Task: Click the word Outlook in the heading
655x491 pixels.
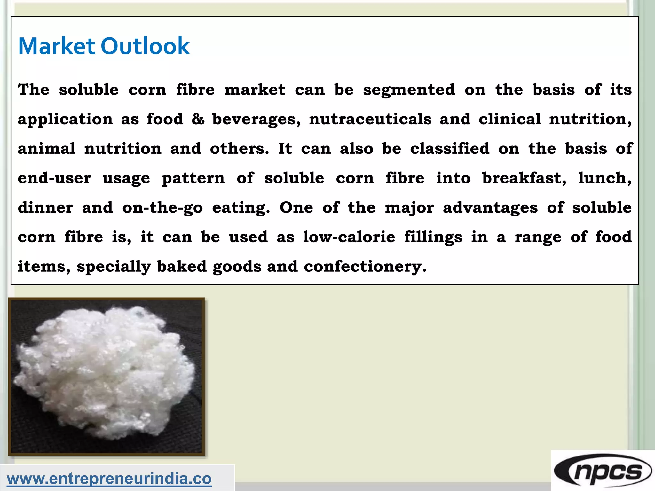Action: [145, 46]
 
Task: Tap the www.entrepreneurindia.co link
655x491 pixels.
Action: [109, 479]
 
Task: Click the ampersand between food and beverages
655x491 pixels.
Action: [198, 119]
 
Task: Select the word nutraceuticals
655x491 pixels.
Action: [370, 119]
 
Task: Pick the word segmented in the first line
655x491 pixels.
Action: [409, 90]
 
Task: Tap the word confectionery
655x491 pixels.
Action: [365, 267]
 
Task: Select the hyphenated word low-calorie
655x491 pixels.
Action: [349, 237]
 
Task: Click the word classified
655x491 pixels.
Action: [450, 149]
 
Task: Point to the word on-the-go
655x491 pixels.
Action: [162, 208]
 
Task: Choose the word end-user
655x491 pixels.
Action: [54, 178]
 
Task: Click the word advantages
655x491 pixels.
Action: [490, 208]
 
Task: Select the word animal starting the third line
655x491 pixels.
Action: [47, 149]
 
